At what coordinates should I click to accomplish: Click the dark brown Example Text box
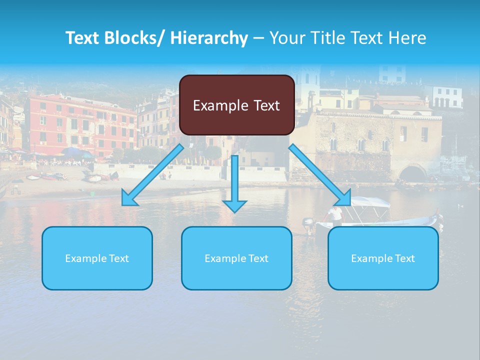(236, 105)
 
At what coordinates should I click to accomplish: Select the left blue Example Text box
(97, 258)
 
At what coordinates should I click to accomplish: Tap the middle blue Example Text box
(236, 258)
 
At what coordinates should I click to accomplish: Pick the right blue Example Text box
(383, 258)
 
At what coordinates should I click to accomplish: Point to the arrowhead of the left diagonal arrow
(129, 199)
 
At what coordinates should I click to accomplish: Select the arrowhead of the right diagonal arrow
(343, 198)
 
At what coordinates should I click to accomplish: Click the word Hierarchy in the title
(209, 38)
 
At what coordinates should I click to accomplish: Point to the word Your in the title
(285, 38)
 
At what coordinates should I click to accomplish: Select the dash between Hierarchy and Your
(258, 38)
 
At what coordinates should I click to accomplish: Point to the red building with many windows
(80, 125)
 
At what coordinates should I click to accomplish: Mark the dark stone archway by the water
(413, 173)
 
